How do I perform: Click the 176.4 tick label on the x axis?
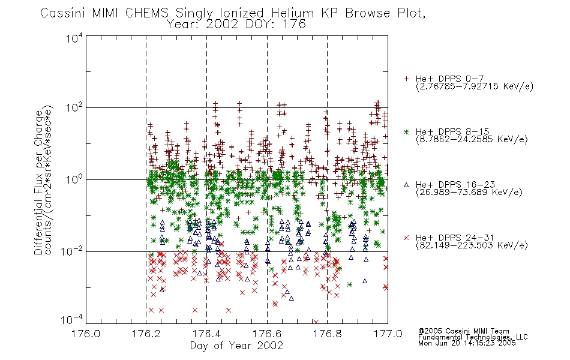point(206,334)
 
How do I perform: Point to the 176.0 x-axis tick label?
point(86,334)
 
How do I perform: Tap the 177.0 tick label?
point(388,334)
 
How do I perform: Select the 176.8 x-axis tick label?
point(328,334)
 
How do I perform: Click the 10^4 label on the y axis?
point(74,38)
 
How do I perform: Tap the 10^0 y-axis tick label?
point(74,179)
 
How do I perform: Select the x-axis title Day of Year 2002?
point(236,346)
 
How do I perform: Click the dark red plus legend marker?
point(406,79)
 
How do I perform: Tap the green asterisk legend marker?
point(406,131)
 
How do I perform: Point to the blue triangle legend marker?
point(406,185)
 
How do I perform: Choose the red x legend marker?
point(406,238)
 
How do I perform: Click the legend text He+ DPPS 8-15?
point(452,131)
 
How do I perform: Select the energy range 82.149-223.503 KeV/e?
point(472,245)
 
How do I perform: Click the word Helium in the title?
point(293,13)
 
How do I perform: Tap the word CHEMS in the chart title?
point(147,13)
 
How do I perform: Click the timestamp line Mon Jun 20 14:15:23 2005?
point(467,343)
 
